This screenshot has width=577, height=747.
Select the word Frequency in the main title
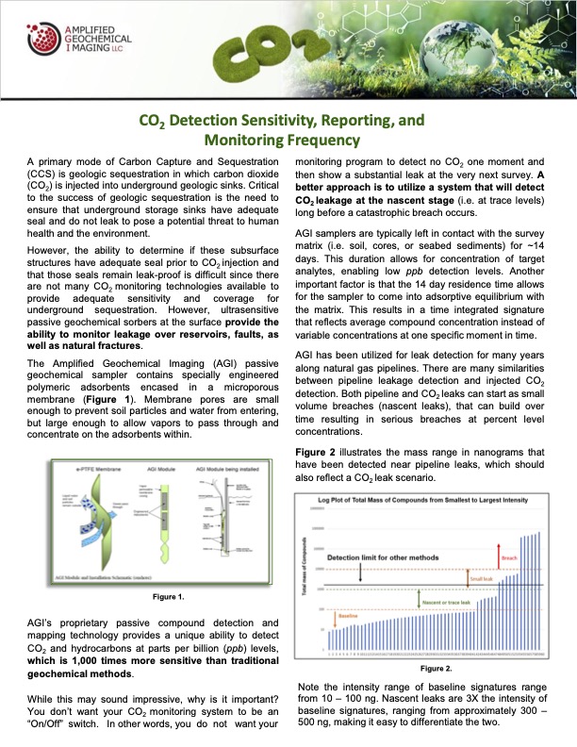pos(320,141)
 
